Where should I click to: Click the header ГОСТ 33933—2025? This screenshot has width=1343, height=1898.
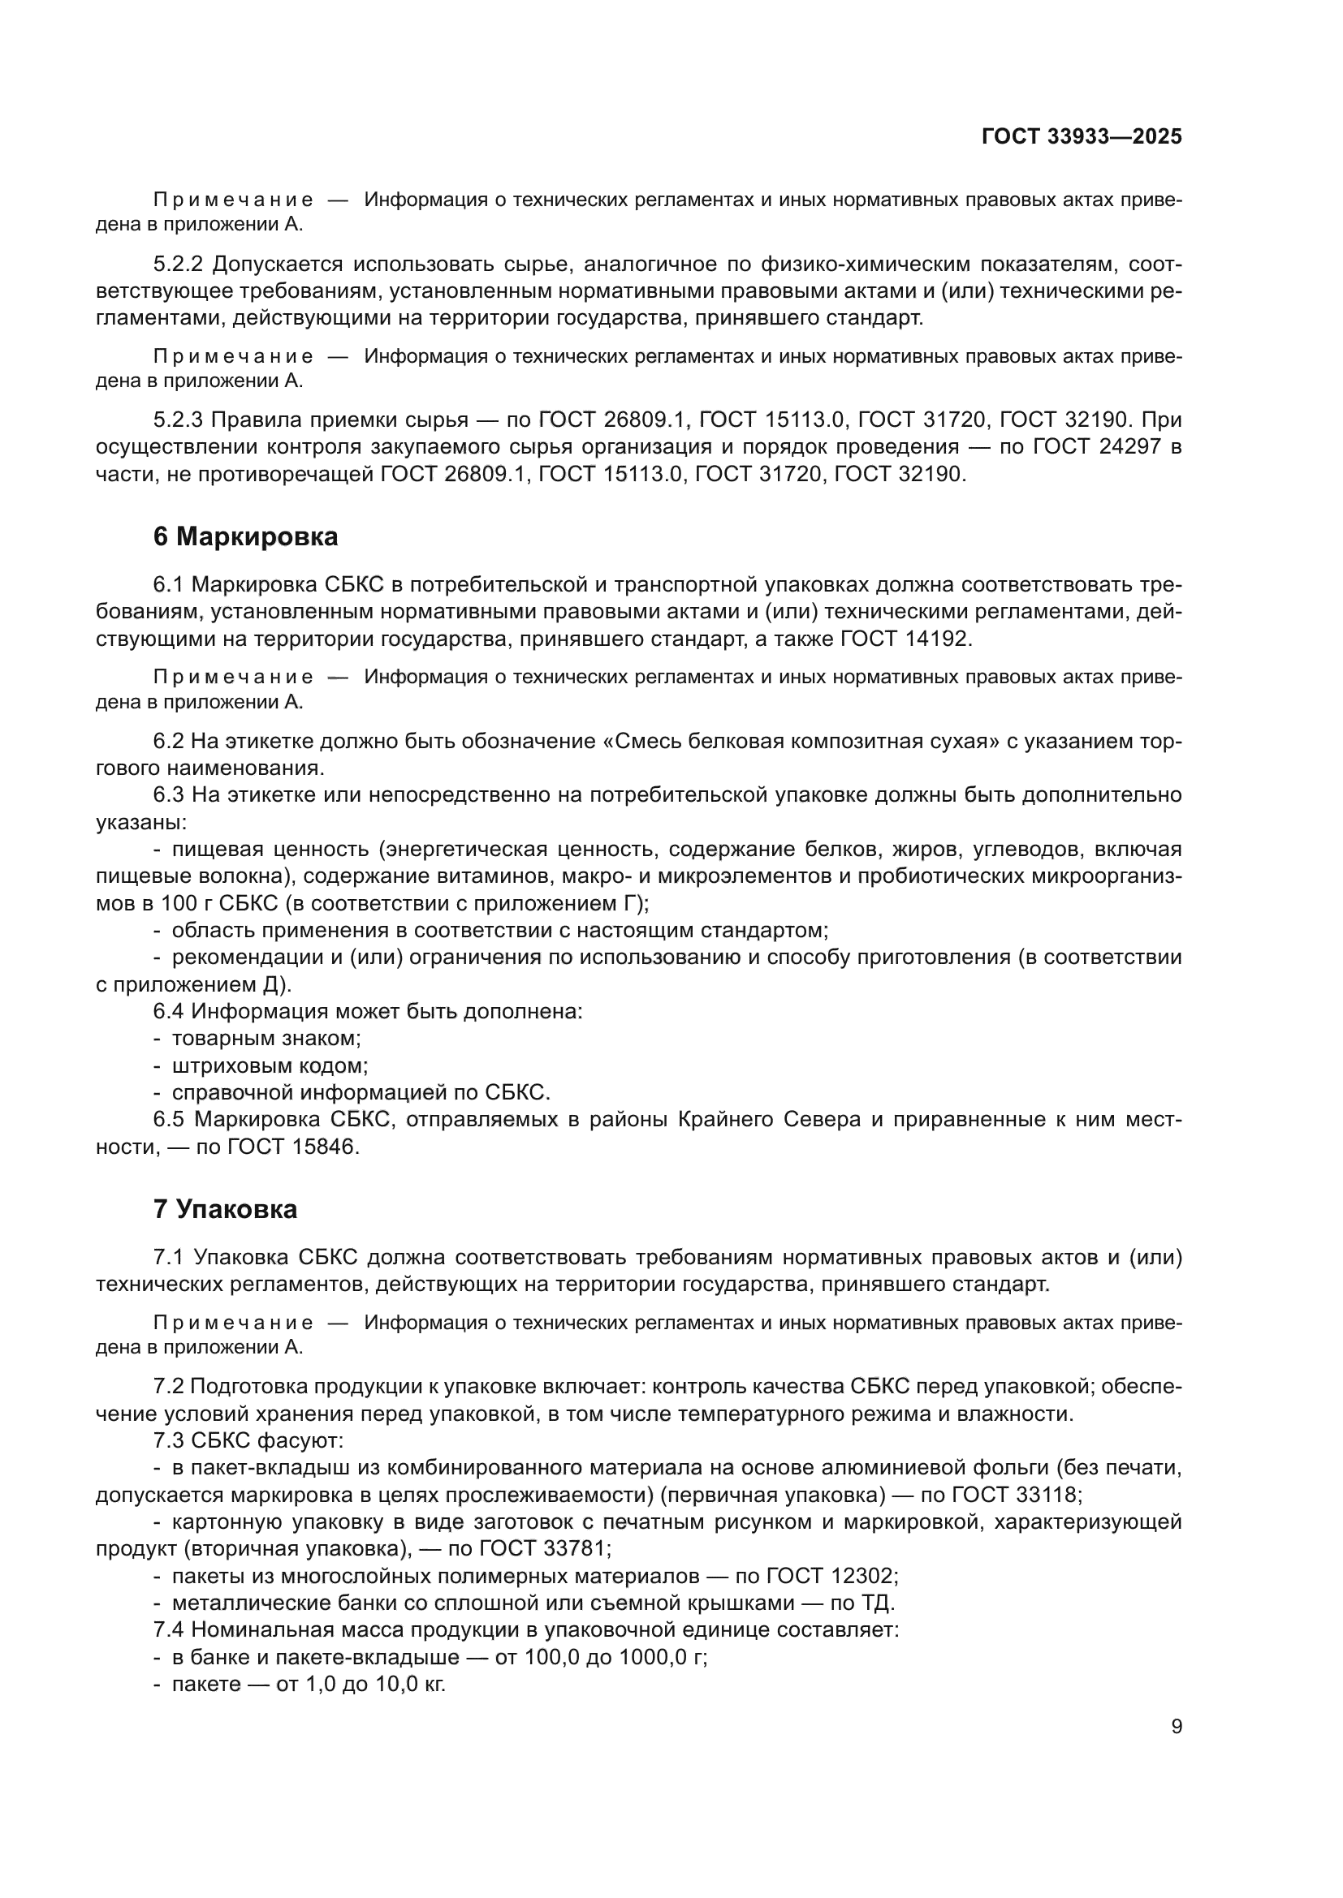(x=1081, y=136)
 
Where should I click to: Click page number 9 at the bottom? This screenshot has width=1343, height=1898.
(x=1176, y=1727)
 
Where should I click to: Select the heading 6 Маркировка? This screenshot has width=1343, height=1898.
(x=245, y=536)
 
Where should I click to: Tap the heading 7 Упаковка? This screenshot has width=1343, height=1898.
(x=225, y=1209)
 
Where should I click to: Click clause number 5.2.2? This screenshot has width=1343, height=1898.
(x=178, y=265)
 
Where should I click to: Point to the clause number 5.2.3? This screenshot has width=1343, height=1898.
(x=178, y=420)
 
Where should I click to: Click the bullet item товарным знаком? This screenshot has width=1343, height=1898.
(x=266, y=1039)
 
